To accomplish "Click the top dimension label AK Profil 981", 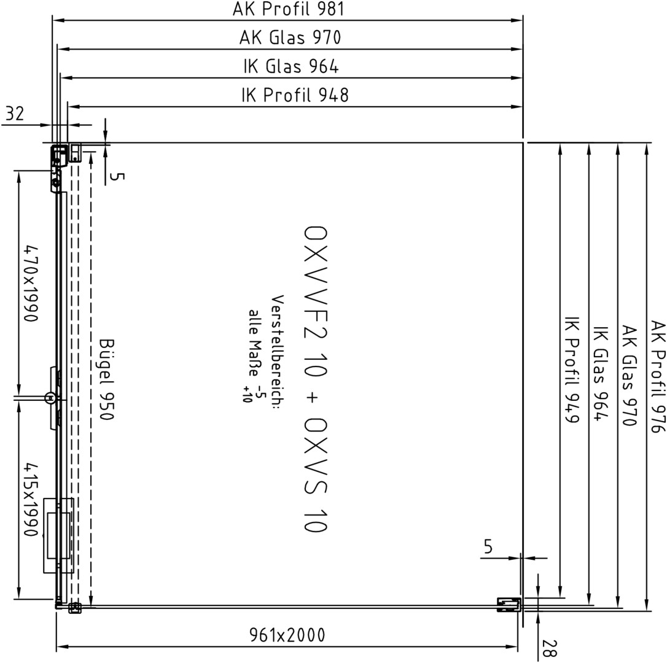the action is [x=288, y=9].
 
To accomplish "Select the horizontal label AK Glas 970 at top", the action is [x=290, y=37].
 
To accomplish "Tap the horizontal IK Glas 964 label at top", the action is [x=291, y=66].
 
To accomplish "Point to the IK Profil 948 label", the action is [x=295, y=95].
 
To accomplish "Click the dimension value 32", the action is [x=15, y=114].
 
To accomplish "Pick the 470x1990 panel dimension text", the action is [x=31, y=283].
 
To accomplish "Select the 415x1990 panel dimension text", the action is [x=31, y=500].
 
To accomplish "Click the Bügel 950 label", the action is [x=106, y=379].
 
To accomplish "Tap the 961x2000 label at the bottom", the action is [x=287, y=635].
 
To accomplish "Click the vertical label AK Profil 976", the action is [x=658, y=376].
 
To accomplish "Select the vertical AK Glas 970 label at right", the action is [x=629, y=376].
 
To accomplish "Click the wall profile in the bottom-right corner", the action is [x=509, y=604].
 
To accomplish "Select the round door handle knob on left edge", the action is [x=50, y=398].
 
